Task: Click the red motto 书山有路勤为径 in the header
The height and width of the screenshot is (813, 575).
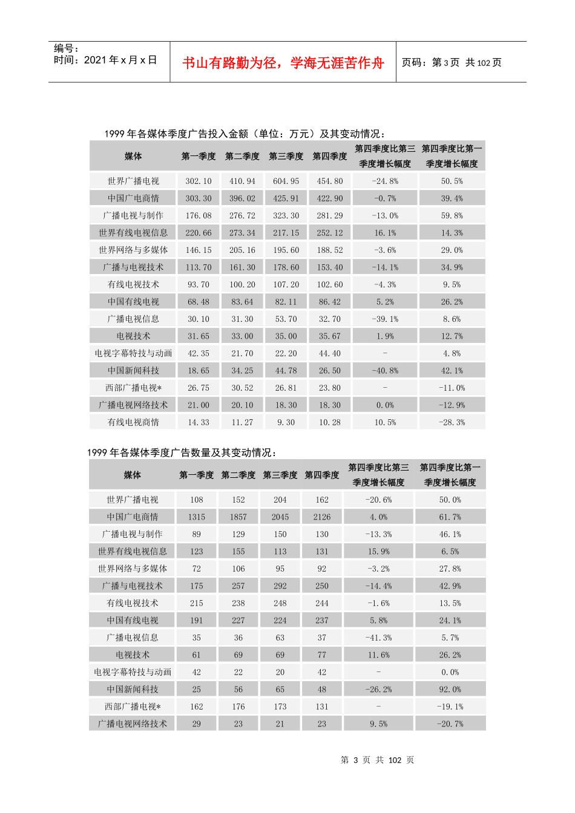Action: pos(283,63)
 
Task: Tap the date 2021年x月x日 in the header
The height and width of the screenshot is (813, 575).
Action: pos(105,60)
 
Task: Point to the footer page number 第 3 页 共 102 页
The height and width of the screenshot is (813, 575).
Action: pos(377,760)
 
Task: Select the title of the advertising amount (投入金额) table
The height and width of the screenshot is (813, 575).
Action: pos(245,134)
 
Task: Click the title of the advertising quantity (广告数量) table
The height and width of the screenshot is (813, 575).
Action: pos(182,452)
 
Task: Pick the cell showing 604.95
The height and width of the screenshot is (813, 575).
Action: pos(286,181)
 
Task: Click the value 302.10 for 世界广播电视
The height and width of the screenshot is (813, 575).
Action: pos(199,181)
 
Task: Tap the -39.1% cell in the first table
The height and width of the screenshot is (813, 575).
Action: pos(385,319)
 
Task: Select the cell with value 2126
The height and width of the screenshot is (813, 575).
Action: pos(321,517)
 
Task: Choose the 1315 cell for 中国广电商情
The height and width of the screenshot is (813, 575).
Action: pos(197,517)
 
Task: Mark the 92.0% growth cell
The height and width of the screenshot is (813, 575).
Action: pos(450,690)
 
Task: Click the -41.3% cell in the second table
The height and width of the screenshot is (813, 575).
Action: pos(378,638)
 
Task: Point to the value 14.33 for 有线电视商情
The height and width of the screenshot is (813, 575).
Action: pos(199,422)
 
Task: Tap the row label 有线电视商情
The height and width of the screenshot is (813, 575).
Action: pos(133,422)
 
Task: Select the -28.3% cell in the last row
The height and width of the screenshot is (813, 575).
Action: pos(452,422)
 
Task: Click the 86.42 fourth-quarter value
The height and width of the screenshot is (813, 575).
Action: pos(330,302)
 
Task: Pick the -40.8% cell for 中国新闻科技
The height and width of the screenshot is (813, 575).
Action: pos(385,371)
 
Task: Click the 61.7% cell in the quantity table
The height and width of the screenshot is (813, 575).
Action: pos(450,517)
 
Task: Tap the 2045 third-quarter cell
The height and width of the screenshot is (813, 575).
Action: pos(280,517)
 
